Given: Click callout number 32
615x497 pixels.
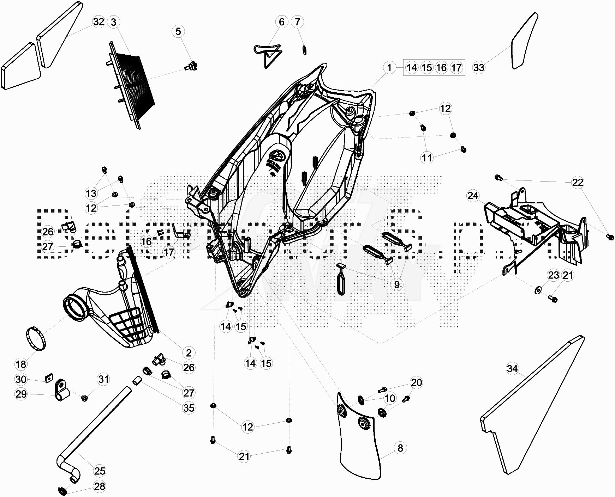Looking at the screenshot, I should pos(99,22).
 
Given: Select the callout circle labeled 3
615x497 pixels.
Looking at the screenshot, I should pos(113,22).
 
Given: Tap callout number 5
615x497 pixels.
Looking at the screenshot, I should pos(178,31).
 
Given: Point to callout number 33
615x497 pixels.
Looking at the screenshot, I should pos(479,67).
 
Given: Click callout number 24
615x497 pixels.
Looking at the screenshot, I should pos(473,196).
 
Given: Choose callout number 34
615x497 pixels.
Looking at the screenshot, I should pos(512,369).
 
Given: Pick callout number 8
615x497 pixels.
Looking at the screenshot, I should pos(400,448).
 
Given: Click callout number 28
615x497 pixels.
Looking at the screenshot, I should pos(100,486).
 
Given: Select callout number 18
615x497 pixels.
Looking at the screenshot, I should pos(21,364).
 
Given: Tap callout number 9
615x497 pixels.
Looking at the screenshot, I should pos(397,284).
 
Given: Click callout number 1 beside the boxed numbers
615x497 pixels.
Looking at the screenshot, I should pos(389,67).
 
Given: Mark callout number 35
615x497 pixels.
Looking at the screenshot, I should pos(189,408).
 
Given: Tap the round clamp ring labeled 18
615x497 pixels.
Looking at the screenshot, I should pos(36,339).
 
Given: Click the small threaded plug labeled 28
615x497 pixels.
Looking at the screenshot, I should pos(62,490).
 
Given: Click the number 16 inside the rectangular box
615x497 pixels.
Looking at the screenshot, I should pos(441,67).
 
